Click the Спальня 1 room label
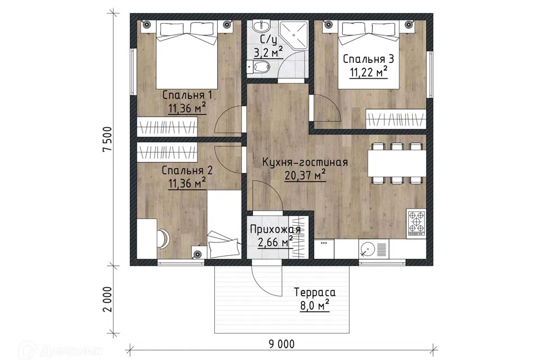tap(187, 94)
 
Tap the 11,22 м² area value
tap(369, 73)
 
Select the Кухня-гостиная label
tap(305, 162)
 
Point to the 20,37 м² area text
tap(305, 175)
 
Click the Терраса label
tap(315, 292)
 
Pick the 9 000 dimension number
tap(281, 344)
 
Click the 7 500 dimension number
tap(108, 139)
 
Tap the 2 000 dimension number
tap(108, 299)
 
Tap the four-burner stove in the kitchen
tap(416, 223)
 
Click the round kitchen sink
tap(367, 249)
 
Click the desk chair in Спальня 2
tap(163, 238)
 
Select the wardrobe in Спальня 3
tap(395, 119)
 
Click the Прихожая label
tap(276, 229)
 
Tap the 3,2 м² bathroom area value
tap(268, 53)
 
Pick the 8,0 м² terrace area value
tap(315, 305)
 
